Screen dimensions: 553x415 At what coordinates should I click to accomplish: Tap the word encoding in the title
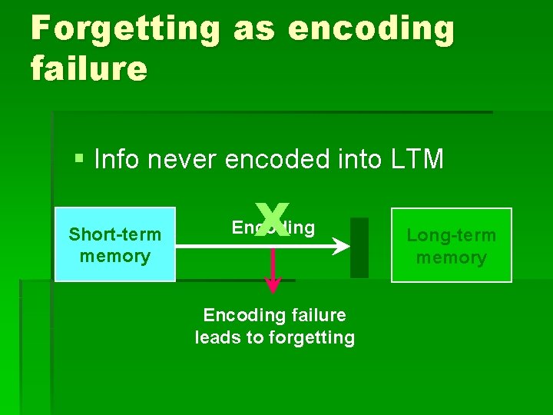click(371, 29)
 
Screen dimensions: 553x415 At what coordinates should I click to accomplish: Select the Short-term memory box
click(115, 244)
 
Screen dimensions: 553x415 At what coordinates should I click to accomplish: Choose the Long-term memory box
click(451, 245)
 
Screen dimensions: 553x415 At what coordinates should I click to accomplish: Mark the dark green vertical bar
click(359, 247)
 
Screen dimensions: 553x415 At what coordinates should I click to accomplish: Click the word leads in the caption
click(217, 337)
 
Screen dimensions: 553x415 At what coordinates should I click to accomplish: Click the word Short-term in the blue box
click(115, 234)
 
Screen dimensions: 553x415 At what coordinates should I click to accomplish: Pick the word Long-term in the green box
click(451, 235)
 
